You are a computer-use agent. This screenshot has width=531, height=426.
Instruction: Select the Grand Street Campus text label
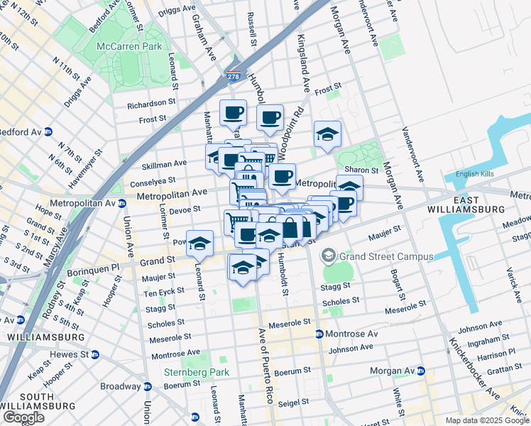(386, 256)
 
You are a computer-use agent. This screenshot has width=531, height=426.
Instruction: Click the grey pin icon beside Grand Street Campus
(329, 255)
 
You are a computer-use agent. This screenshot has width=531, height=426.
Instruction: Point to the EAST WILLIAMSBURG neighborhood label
(466, 204)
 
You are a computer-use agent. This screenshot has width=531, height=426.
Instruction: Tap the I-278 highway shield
(235, 76)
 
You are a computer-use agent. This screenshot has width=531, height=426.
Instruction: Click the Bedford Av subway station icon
(48, 131)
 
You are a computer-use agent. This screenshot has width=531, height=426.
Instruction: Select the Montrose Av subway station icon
(319, 334)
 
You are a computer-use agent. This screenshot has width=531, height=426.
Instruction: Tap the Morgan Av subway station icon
(420, 371)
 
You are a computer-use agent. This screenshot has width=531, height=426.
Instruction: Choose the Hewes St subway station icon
(95, 354)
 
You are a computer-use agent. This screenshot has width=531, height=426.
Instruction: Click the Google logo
(23, 417)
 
